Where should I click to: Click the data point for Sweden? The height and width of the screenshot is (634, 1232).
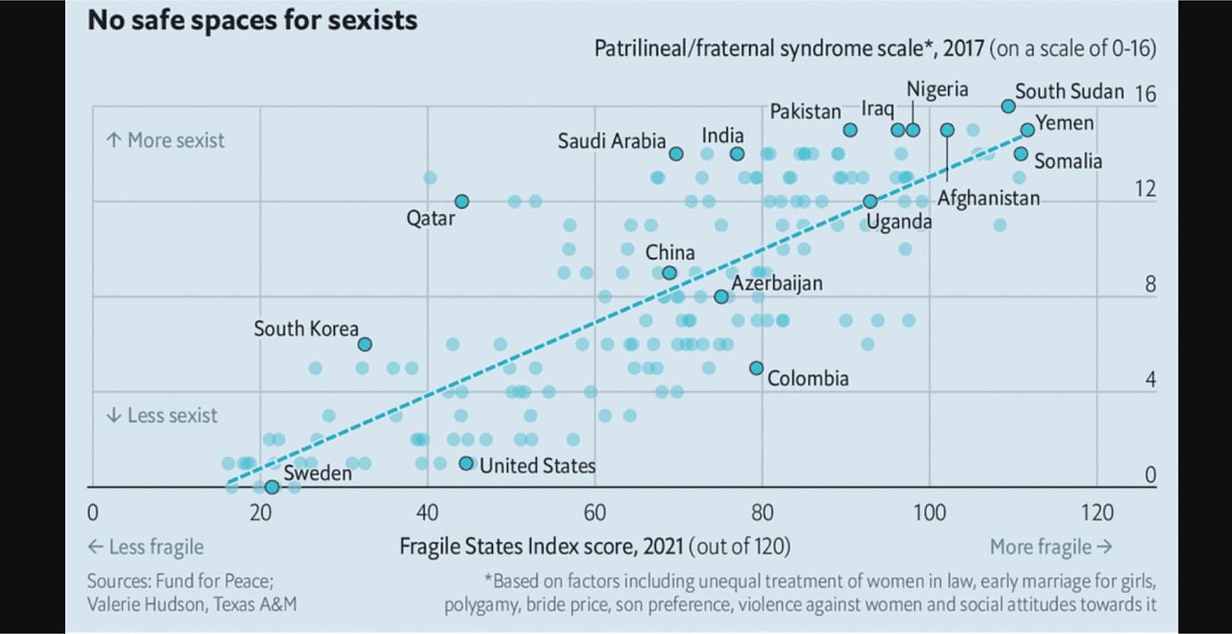tap(271, 487)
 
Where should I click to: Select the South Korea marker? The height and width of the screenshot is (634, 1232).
tap(364, 344)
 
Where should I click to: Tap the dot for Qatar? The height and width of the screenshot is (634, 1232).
tap(462, 202)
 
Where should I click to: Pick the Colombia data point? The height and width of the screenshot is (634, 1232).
tap(756, 368)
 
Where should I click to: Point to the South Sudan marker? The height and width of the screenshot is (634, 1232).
tap(1008, 106)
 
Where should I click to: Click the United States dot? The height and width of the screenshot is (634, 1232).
tap(466, 463)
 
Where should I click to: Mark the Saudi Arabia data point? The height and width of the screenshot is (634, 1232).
tap(676, 154)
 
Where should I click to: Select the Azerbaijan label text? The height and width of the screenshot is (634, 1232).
tap(777, 283)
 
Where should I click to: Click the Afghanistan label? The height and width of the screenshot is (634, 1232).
tap(988, 198)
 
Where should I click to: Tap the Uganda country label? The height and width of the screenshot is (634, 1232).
tap(899, 221)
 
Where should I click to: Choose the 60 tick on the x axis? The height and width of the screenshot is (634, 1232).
tap(595, 513)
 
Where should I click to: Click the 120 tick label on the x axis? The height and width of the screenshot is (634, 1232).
tap(1096, 513)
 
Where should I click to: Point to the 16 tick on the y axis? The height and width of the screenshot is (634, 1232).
tap(1145, 94)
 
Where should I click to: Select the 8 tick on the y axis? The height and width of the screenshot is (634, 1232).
tap(1150, 285)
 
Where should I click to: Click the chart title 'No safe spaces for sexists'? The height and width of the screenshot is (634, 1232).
tap(253, 20)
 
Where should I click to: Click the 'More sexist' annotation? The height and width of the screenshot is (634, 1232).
tap(165, 140)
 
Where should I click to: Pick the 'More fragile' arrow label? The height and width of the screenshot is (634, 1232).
tap(1051, 546)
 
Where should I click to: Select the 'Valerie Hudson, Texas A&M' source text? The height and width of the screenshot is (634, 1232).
tap(192, 604)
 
